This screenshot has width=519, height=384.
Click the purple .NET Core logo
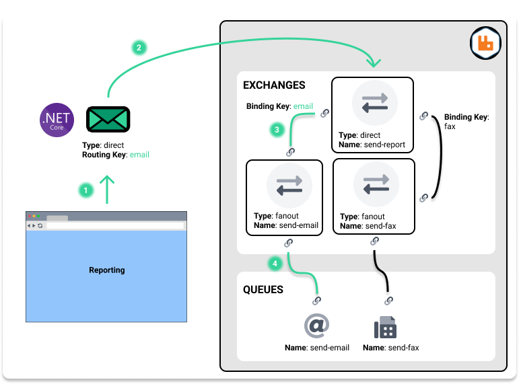[x=57, y=120]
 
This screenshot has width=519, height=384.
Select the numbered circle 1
[x=85, y=190]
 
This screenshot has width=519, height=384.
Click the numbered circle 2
[x=139, y=48]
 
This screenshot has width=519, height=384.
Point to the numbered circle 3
[x=275, y=129]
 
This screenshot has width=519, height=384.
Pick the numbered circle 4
[x=275, y=264]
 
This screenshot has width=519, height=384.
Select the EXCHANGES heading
[x=274, y=85]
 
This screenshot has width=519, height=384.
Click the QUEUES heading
[x=263, y=290]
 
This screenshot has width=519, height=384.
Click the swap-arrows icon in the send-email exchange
[x=289, y=185]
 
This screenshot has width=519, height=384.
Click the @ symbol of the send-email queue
[x=316, y=326]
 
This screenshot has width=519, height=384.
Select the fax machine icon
[x=385, y=327]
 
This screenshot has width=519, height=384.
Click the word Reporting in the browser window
[x=106, y=270]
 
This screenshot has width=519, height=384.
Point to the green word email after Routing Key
[x=139, y=155]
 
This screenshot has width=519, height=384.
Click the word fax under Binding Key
[x=450, y=126]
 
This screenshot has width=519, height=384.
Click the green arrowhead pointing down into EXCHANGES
[x=372, y=63]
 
